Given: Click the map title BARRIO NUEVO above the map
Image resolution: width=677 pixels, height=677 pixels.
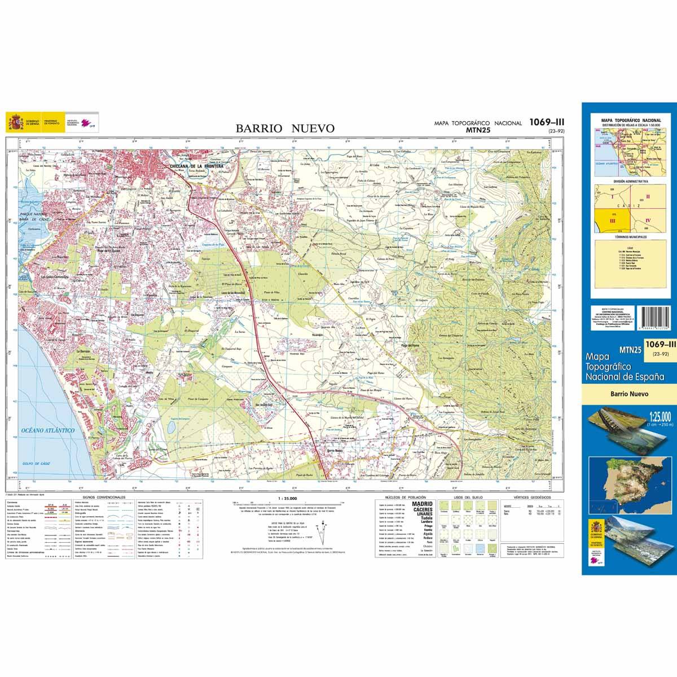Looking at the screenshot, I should pos(285,129).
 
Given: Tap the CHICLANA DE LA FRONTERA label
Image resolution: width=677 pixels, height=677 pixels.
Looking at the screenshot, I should pos(193,166).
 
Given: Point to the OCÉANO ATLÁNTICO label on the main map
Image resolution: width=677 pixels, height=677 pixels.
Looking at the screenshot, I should pos(49,430).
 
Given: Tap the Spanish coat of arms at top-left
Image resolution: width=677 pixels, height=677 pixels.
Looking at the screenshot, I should pos(15,121).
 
